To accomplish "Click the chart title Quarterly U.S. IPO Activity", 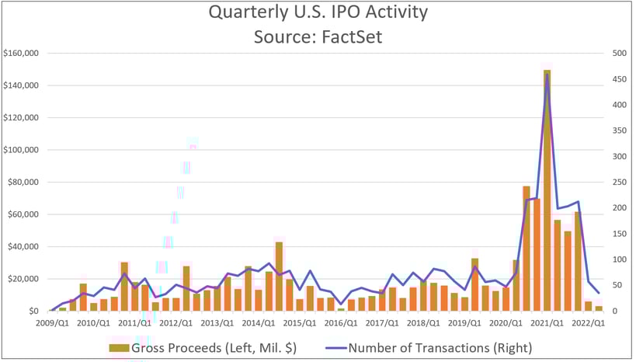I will [x=318, y=14].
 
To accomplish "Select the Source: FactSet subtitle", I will [x=318, y=36].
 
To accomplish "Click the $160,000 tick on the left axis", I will [x=23, y=54].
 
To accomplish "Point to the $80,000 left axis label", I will [x=25, y=183].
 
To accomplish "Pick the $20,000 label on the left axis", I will [x=25, y=279].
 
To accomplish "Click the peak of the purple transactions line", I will [x=547, y=75].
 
